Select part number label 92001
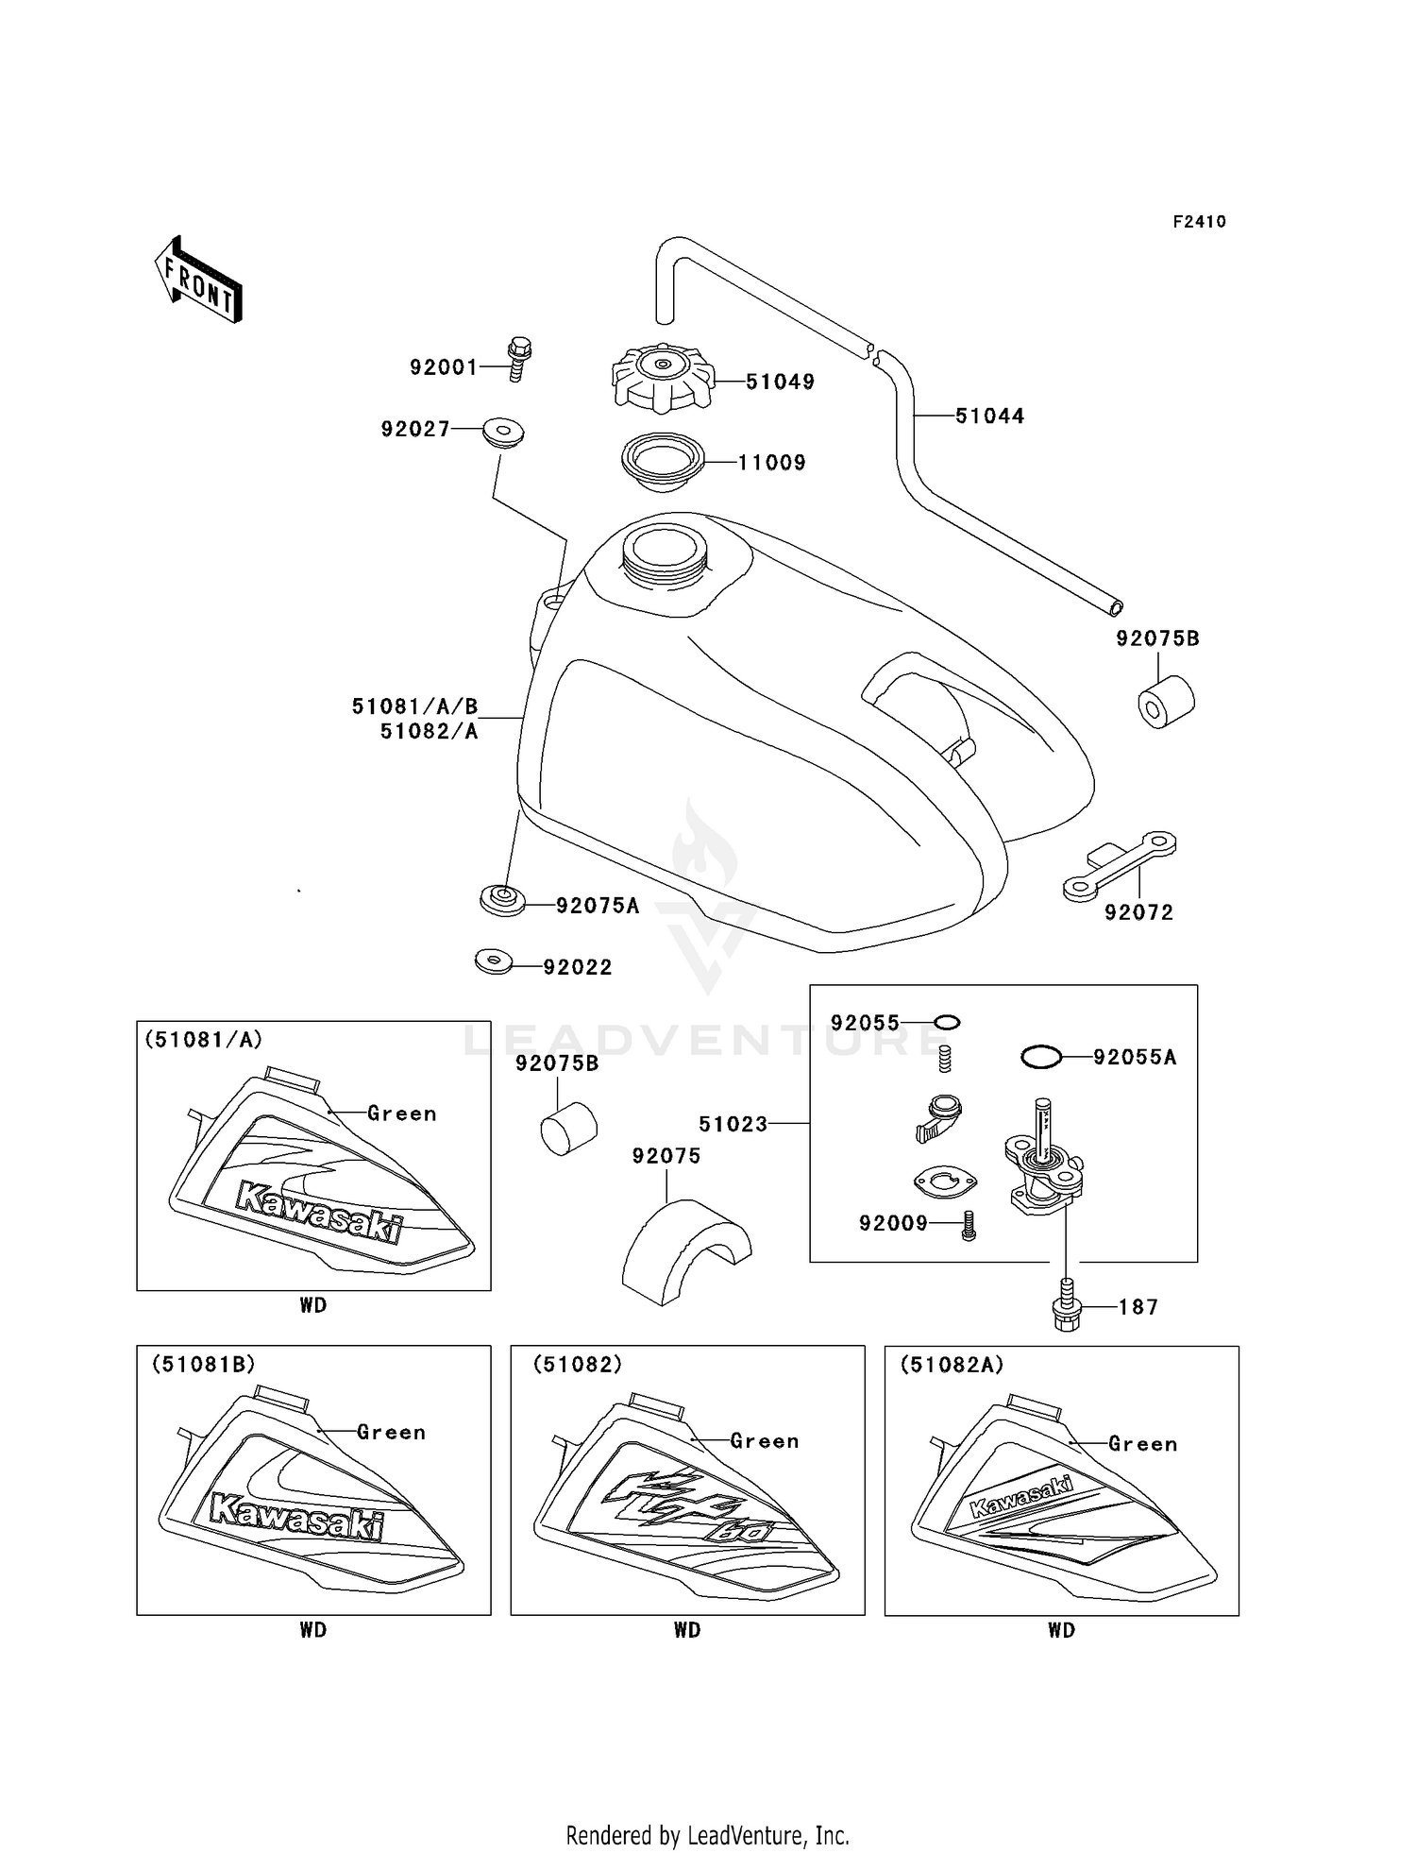tap(444, 367)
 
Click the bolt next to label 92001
tap(518, 359)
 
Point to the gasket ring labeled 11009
tap(664, 462)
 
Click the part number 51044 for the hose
tap(989, 416)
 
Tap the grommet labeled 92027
tap(503, 433)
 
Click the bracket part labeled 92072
tap(1120, 865)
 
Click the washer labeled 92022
tap(494, 962)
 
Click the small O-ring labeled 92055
tap(947, 1023)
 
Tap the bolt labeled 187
tap(1066, 1307)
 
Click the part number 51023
tap(733, 1124)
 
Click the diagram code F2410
tap(1199, 222)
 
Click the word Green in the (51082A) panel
tap(1143, 1444)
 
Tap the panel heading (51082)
tap(578, 1365)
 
